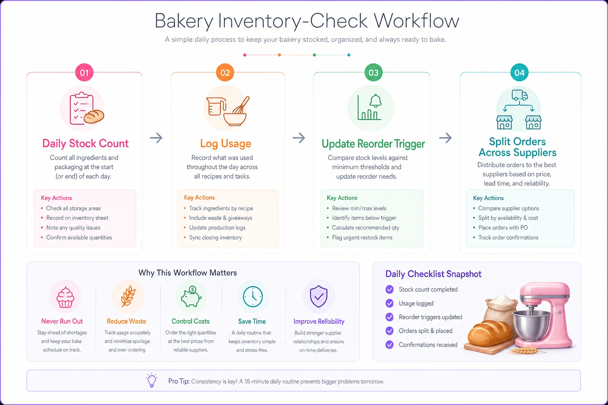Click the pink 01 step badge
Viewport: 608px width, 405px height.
84,72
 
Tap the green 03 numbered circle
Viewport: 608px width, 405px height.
374,72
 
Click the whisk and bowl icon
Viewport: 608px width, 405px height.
228,111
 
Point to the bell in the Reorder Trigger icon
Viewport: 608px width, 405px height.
376,101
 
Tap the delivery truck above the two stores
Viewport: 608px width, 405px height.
519,95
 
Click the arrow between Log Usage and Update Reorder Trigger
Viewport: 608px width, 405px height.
298,138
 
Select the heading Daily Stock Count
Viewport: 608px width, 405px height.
85,143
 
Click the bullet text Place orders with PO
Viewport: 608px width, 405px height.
503,227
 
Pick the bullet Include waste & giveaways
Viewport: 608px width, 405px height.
220,218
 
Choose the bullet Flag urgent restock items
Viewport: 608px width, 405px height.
362,237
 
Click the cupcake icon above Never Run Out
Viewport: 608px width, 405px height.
65,297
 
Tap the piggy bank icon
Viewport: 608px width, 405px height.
191,297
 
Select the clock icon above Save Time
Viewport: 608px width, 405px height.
253,297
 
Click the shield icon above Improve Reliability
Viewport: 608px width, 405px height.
319,296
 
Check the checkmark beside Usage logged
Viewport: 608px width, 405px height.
389,303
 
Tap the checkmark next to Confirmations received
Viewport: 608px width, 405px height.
389,344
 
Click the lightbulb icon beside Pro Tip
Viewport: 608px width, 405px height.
152,380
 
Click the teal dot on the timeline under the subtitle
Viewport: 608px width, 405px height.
349,55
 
